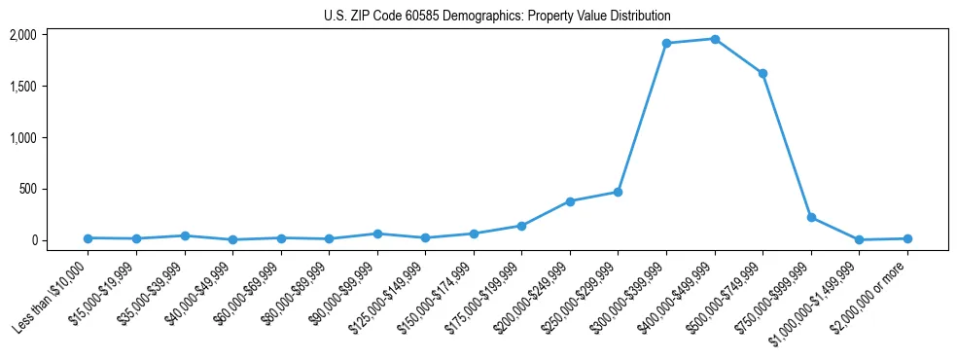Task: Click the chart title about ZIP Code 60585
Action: point(497,17)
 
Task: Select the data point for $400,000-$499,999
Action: point(715,39)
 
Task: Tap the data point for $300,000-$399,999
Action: point(666,43)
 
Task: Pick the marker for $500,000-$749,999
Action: point(762,73)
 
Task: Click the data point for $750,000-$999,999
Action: point(811,217)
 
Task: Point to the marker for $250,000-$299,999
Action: point(618,192)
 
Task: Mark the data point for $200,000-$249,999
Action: point(570,201)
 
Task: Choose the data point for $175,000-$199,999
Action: point(521,226)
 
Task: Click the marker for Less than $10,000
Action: point(89,237)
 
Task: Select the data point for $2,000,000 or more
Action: point(907,238)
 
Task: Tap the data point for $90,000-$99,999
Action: point(377,234)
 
